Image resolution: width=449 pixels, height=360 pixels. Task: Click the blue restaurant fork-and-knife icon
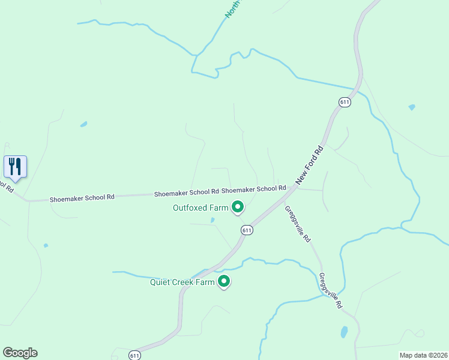(15, 167)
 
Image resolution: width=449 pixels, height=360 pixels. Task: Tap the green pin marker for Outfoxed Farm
(238, 208)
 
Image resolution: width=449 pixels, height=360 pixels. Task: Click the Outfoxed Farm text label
(200, 208)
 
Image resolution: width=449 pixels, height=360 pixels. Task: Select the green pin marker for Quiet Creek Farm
(224, 281)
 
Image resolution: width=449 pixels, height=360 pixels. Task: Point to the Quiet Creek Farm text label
(182, 282)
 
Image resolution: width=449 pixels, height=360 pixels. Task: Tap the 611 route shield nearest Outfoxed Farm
(247, 230)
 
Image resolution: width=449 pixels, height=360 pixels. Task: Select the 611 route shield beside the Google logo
(134, 355)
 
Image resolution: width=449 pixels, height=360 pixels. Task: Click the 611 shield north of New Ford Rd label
(344, 102)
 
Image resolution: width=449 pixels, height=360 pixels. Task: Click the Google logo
(20, 353)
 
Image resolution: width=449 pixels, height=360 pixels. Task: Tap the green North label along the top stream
(232, 9)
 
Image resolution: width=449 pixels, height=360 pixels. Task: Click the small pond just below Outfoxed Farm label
(212, 220)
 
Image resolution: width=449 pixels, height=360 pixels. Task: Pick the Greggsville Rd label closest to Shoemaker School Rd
(298, 223)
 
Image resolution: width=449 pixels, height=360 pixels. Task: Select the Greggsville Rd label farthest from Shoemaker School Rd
(331, 291)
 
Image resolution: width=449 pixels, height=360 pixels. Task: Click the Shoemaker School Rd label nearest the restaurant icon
(82, 197)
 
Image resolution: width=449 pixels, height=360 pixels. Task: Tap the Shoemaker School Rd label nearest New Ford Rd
(253, 190)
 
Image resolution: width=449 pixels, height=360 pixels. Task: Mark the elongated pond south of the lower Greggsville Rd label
(344, 332)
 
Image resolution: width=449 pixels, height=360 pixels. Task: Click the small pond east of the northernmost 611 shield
(411, 107)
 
